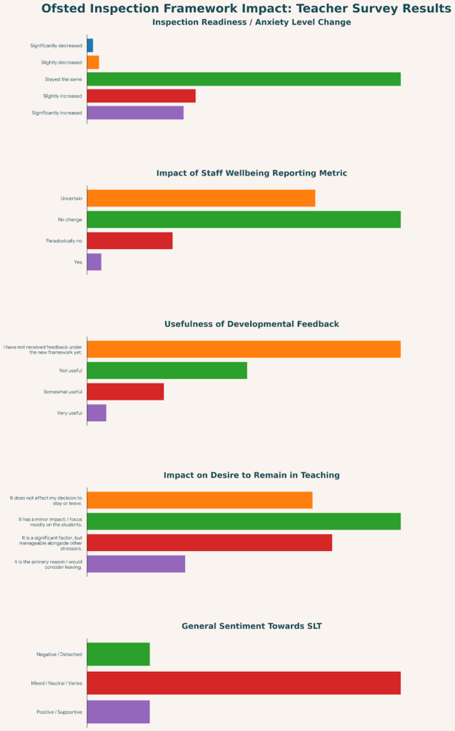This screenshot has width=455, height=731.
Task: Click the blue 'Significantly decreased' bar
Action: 90,46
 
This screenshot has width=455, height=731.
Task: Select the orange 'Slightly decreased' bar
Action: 93,62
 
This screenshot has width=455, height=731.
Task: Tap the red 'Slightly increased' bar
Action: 141,96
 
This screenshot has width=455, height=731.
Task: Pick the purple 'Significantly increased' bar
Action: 135,113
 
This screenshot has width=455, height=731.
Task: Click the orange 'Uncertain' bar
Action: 201,198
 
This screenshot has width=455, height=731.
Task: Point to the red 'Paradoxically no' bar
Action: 130,241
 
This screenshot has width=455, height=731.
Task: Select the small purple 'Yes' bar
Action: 94,262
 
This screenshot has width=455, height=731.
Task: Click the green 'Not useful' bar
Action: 167,370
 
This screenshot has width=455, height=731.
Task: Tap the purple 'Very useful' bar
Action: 96,413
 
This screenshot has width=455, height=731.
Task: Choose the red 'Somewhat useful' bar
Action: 126,392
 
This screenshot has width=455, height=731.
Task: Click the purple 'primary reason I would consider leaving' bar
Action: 136,564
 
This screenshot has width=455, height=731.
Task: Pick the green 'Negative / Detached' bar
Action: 119,654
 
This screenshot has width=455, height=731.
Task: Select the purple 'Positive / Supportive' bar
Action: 119,712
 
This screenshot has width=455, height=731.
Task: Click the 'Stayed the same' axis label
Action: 63,79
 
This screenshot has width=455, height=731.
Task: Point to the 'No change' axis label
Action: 70,219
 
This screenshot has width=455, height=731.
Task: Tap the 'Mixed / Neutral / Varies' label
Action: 56,683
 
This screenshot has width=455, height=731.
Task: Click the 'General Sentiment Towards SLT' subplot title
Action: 251,626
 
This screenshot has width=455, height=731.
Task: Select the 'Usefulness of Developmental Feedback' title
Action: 251,324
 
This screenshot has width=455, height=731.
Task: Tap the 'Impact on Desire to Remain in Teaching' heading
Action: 251,475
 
